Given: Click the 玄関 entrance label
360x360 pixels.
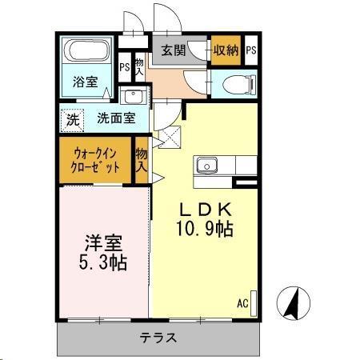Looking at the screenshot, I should coord(174,50).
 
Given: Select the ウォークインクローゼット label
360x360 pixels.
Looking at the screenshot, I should coord(97,160).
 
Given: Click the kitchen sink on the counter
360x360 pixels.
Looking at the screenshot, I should coord(208,166).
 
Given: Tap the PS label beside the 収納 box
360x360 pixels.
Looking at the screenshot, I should coord(251,50).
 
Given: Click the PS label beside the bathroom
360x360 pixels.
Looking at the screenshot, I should coord(125,67).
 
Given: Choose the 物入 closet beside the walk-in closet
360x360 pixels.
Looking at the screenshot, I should coord(142,160).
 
